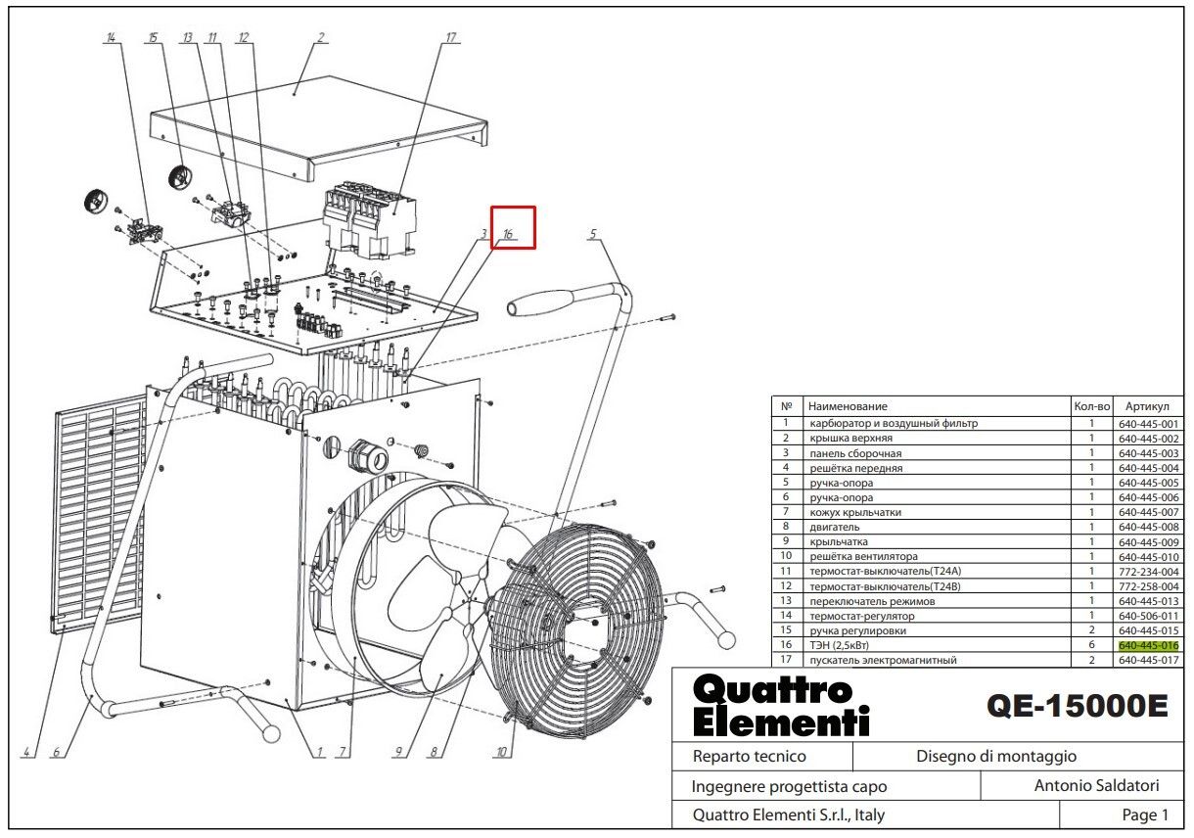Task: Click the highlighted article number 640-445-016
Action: point(1149,646)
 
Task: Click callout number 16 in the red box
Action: point(509,234)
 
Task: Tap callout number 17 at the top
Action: point(451,38)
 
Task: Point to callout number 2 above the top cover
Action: point(320,38)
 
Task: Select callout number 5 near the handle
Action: point(593,234)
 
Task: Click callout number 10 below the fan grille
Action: point(502,752)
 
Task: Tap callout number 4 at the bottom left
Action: point(25,752)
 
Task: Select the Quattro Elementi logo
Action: point(780,706)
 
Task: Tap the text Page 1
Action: point(1145,815)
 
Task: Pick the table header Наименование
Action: point(848,405)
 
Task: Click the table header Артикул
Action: point(1148,405)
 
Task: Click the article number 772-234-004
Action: point(1149,572)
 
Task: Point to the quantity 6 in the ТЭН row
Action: point(1091,646)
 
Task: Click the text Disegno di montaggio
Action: point(995,756)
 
